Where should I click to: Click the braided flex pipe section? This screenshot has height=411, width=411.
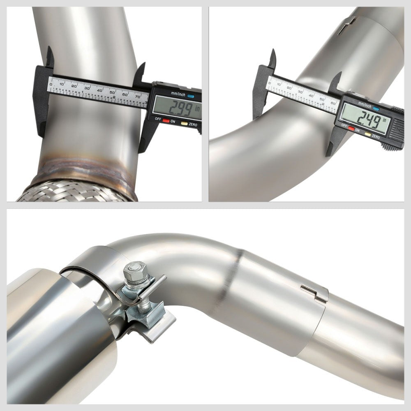[74, 192]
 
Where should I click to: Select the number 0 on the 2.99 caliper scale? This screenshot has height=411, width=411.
[51, 84]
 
